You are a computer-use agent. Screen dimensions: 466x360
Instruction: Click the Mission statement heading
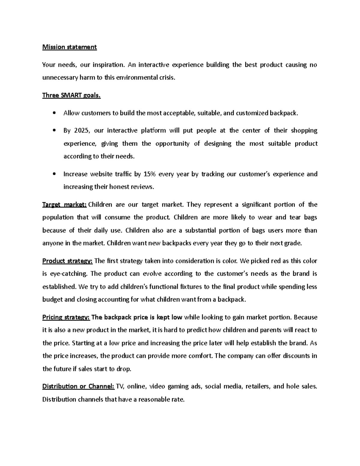tap(69, 47)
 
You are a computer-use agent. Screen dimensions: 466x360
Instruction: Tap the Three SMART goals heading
tap(71, 95)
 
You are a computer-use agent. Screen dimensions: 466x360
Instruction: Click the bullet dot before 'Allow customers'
tap(54, 113)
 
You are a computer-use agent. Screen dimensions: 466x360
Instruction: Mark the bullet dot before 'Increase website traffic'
tap(54, 174)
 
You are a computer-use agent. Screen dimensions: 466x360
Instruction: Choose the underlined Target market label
tap(64, 205)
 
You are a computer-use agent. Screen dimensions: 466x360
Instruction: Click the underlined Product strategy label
tap(67, 261)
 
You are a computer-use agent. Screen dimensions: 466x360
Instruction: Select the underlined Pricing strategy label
tap(66, 317)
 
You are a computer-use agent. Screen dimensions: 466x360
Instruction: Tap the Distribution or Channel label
tap(78, 386)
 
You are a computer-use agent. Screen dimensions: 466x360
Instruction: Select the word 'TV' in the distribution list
tap(120, 386)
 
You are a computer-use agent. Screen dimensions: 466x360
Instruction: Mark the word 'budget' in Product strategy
tap(52, 299)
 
